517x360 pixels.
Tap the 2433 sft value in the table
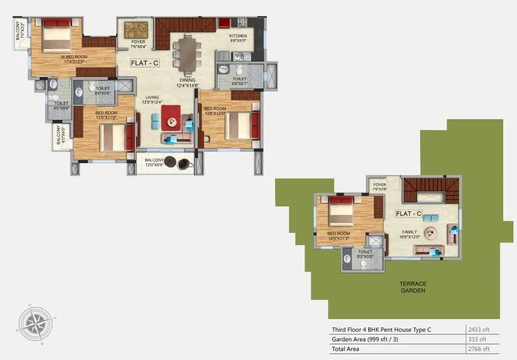479,329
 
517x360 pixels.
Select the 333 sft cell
478,339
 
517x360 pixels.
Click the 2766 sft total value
479,349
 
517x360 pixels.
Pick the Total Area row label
347,349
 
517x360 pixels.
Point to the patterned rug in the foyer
138,29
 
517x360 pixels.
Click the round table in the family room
431,233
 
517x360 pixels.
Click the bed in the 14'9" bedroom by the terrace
341,211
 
